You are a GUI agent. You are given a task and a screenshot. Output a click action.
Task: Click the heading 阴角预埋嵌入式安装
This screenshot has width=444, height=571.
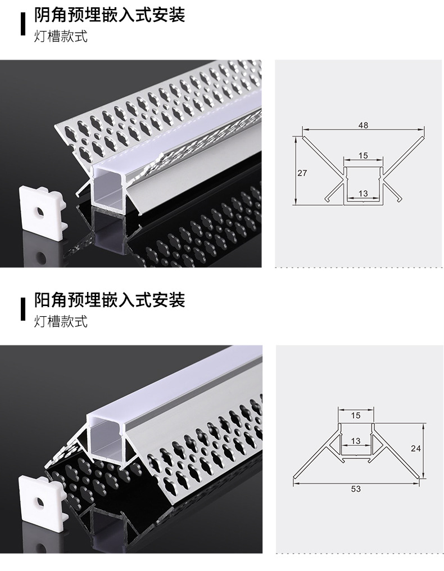[109, 15]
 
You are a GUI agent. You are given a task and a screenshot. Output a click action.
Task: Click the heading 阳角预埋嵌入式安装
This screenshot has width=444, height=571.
[109, 300]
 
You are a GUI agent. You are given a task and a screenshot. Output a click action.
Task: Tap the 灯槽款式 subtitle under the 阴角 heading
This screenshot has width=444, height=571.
[61, 38]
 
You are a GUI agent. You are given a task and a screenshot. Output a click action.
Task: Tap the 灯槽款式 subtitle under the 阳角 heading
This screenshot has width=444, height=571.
[61, 322]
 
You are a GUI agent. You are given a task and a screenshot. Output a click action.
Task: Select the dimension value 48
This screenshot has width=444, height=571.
[363, 125]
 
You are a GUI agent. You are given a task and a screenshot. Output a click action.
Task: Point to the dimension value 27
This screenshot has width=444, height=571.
[302, 173]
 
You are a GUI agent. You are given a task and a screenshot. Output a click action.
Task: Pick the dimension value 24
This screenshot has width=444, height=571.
[415, 448]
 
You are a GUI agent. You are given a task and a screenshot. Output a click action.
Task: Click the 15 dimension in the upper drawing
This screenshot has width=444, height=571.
[363, 155]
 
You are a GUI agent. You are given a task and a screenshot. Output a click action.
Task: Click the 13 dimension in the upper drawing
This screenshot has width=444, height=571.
[363, 194]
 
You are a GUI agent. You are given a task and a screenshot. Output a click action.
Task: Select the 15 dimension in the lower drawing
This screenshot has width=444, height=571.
[355, 416]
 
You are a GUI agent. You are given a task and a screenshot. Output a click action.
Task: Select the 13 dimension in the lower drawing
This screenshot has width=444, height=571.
[355, 441]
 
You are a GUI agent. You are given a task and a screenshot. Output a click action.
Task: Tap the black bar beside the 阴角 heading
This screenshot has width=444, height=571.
[23, 23]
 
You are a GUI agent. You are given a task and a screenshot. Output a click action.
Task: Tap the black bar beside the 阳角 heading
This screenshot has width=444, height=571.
[23, 307]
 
